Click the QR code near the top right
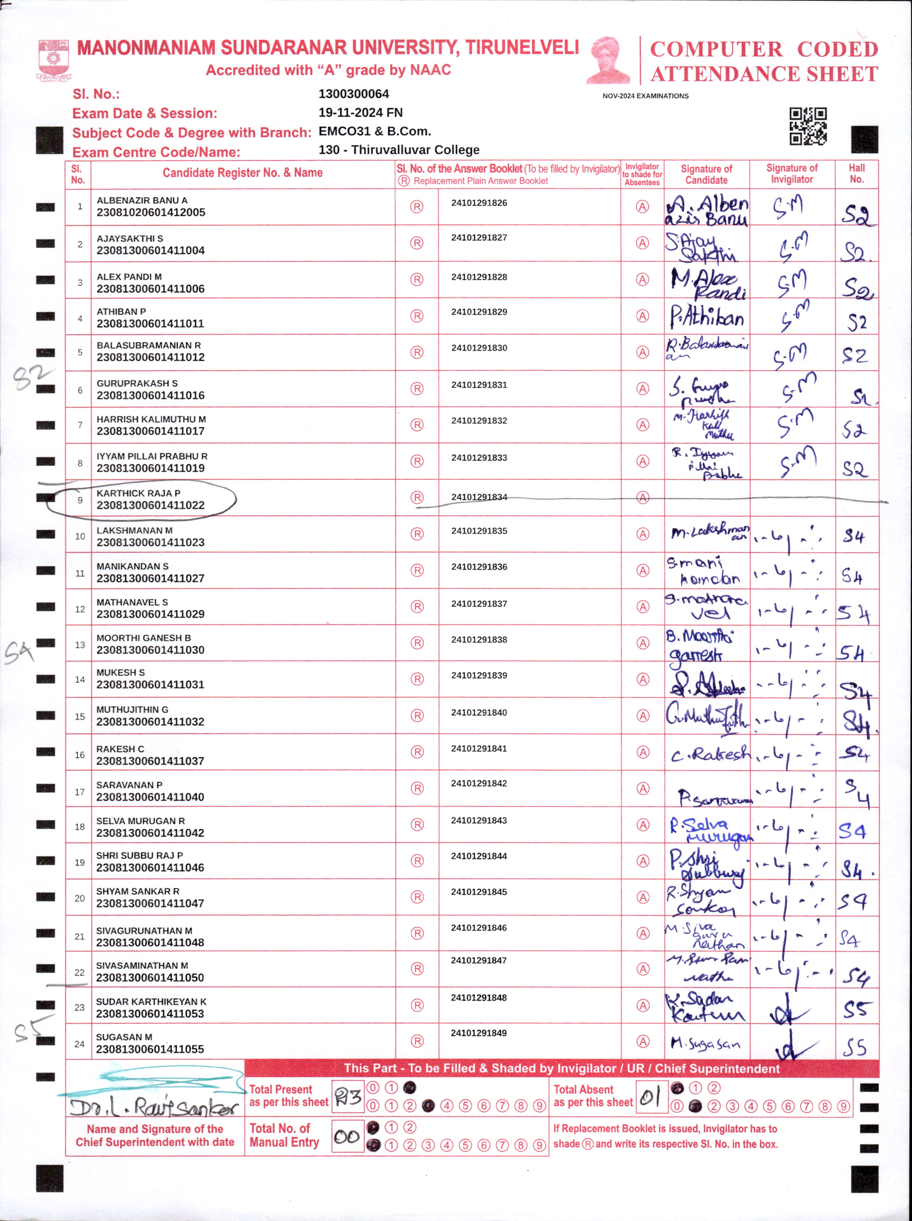pos(808,126)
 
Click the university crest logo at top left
pos(53,60)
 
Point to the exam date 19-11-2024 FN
pos(361,113)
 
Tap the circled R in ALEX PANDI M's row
pos(417,280)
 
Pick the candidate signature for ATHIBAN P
pos(706,317)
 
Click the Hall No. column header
pos(856,173)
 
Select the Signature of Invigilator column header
pos(792,173)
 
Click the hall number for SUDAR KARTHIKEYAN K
pos(855,1010)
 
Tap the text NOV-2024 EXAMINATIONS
pos(645,96)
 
